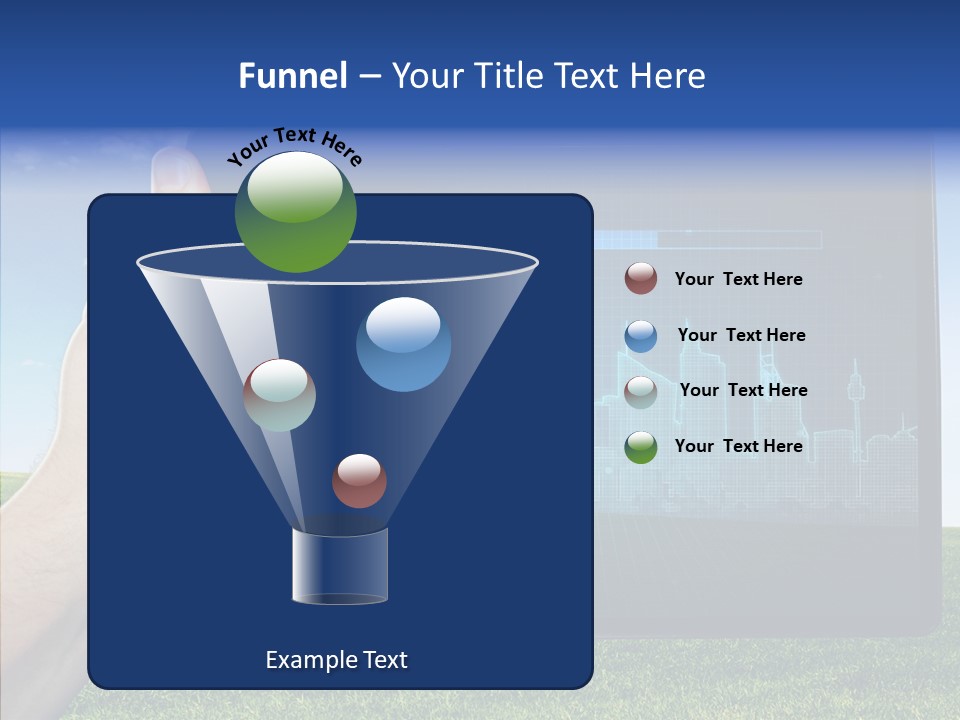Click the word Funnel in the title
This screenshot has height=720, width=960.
coord(293,76)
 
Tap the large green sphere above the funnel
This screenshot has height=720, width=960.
coord(296,212)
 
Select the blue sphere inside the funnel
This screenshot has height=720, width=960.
coord(403,344)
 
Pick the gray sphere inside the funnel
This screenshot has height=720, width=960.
coord(280,395)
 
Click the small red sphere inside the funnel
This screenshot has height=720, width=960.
coord(359,481)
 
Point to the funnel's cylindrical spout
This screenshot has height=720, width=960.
coord(340,566)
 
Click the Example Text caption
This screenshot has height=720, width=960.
coord(337,660)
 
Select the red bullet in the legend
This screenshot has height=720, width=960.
coord(641,279)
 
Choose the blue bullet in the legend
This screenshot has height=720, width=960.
coord(641,336)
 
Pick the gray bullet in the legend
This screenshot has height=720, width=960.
coord(641,392)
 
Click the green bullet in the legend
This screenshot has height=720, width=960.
coord(641,447)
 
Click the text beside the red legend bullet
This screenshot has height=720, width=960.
coord(739,280)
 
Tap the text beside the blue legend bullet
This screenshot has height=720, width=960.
coord(741,336)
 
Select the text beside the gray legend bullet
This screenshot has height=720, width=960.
coord(743,391)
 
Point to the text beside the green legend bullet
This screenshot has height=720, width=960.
coord(739,446)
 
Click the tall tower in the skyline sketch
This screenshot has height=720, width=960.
coord(855,400)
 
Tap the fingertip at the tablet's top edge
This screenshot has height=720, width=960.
coord(180,166)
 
